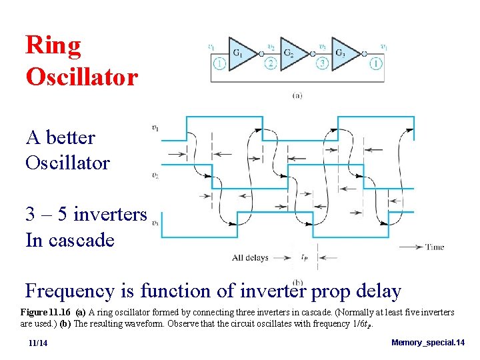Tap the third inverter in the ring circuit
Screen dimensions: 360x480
(341, 53)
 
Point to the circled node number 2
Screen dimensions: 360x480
(271, 64)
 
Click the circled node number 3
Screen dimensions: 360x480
(323, 64)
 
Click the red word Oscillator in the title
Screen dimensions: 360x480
(82, 77)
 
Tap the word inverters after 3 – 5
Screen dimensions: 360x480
(110, 215)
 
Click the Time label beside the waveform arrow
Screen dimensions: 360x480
(435, 247)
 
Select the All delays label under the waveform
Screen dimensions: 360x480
(250, 257)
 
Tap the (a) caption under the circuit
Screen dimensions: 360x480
(297, 95)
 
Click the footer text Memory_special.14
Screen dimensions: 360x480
(427, 342)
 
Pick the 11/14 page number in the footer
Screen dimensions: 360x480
(38, 343)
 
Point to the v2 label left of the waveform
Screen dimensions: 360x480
(155, 176)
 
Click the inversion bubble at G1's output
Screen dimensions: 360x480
(261, 53)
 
